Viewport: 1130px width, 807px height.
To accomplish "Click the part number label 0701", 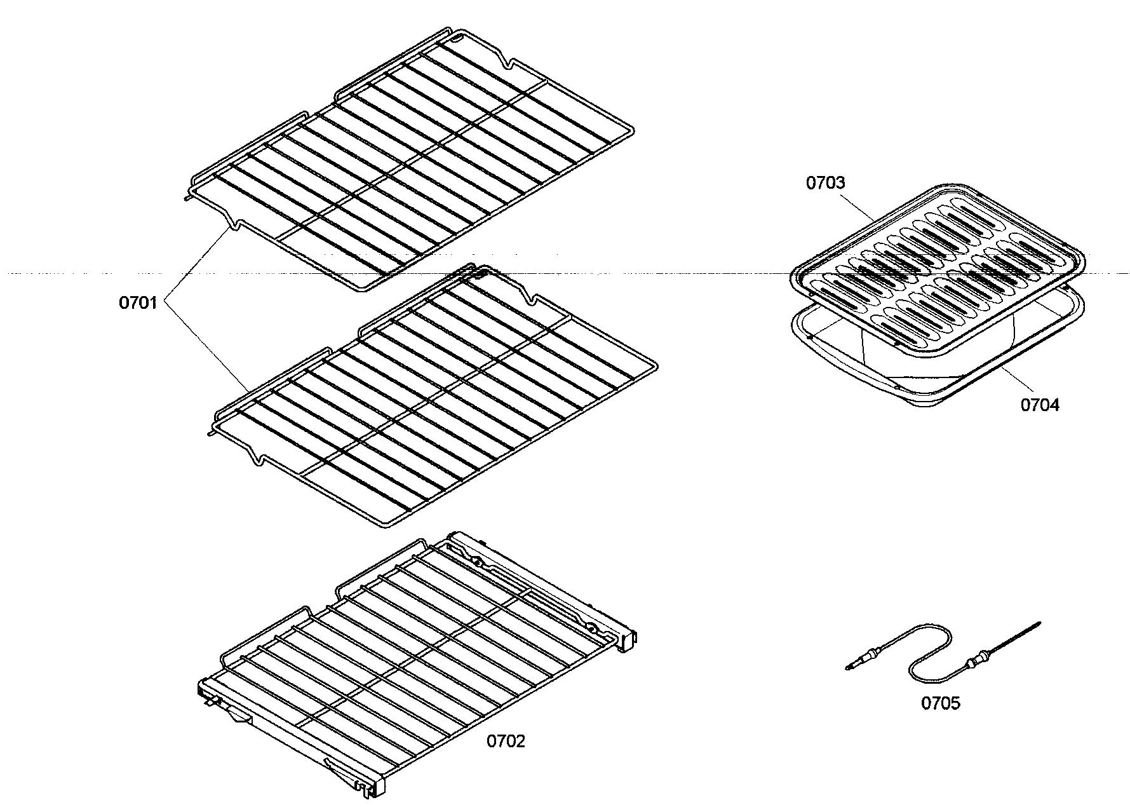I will click(x=137, y=303).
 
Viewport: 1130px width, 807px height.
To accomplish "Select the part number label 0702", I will click(x=506, y=741).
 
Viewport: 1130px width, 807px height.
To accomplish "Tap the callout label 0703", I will click(x=825, y=183).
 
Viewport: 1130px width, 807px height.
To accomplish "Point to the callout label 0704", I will click(x=1040, y=405).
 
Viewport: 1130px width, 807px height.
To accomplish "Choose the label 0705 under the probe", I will click(x=941, y=703).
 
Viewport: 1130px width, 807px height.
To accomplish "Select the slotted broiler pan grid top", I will click(x=940, y=261).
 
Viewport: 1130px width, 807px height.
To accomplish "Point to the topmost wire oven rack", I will click(x=413, y=159).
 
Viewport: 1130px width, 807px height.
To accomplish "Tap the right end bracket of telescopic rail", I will click(x=629, y=639).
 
